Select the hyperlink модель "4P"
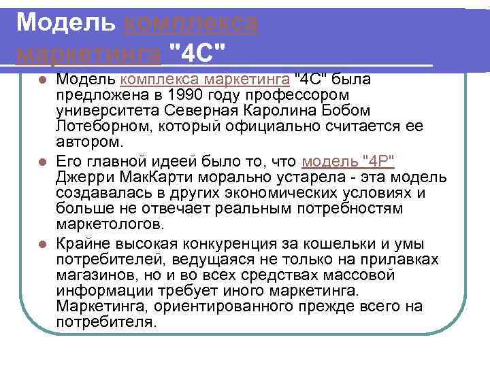(348, 162)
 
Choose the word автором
(91, 141)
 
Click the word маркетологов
(110, 224)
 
